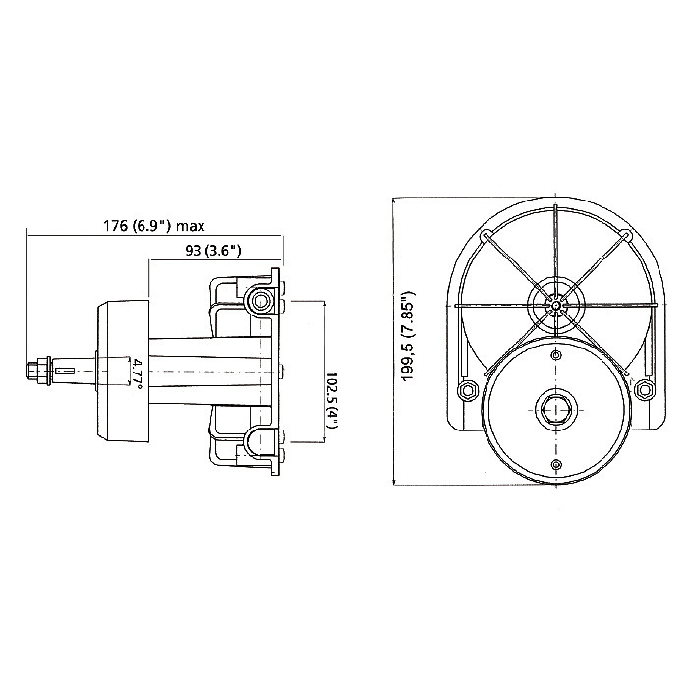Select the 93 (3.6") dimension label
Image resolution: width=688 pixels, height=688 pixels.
coord(213,250)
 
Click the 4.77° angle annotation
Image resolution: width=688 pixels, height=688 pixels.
coord(137,373)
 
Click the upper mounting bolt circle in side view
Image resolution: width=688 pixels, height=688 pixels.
coord(260,298)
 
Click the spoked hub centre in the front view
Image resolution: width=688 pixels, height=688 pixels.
coord(555,304)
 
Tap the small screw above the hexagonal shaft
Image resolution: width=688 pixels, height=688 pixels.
coord(555,352)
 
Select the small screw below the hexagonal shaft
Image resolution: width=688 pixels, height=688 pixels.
coord(555,463)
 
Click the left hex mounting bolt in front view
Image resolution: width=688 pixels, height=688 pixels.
coord(467,390)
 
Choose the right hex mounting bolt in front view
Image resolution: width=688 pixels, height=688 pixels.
coord(644,390)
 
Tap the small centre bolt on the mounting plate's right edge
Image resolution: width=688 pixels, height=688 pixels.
coord(280,371)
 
